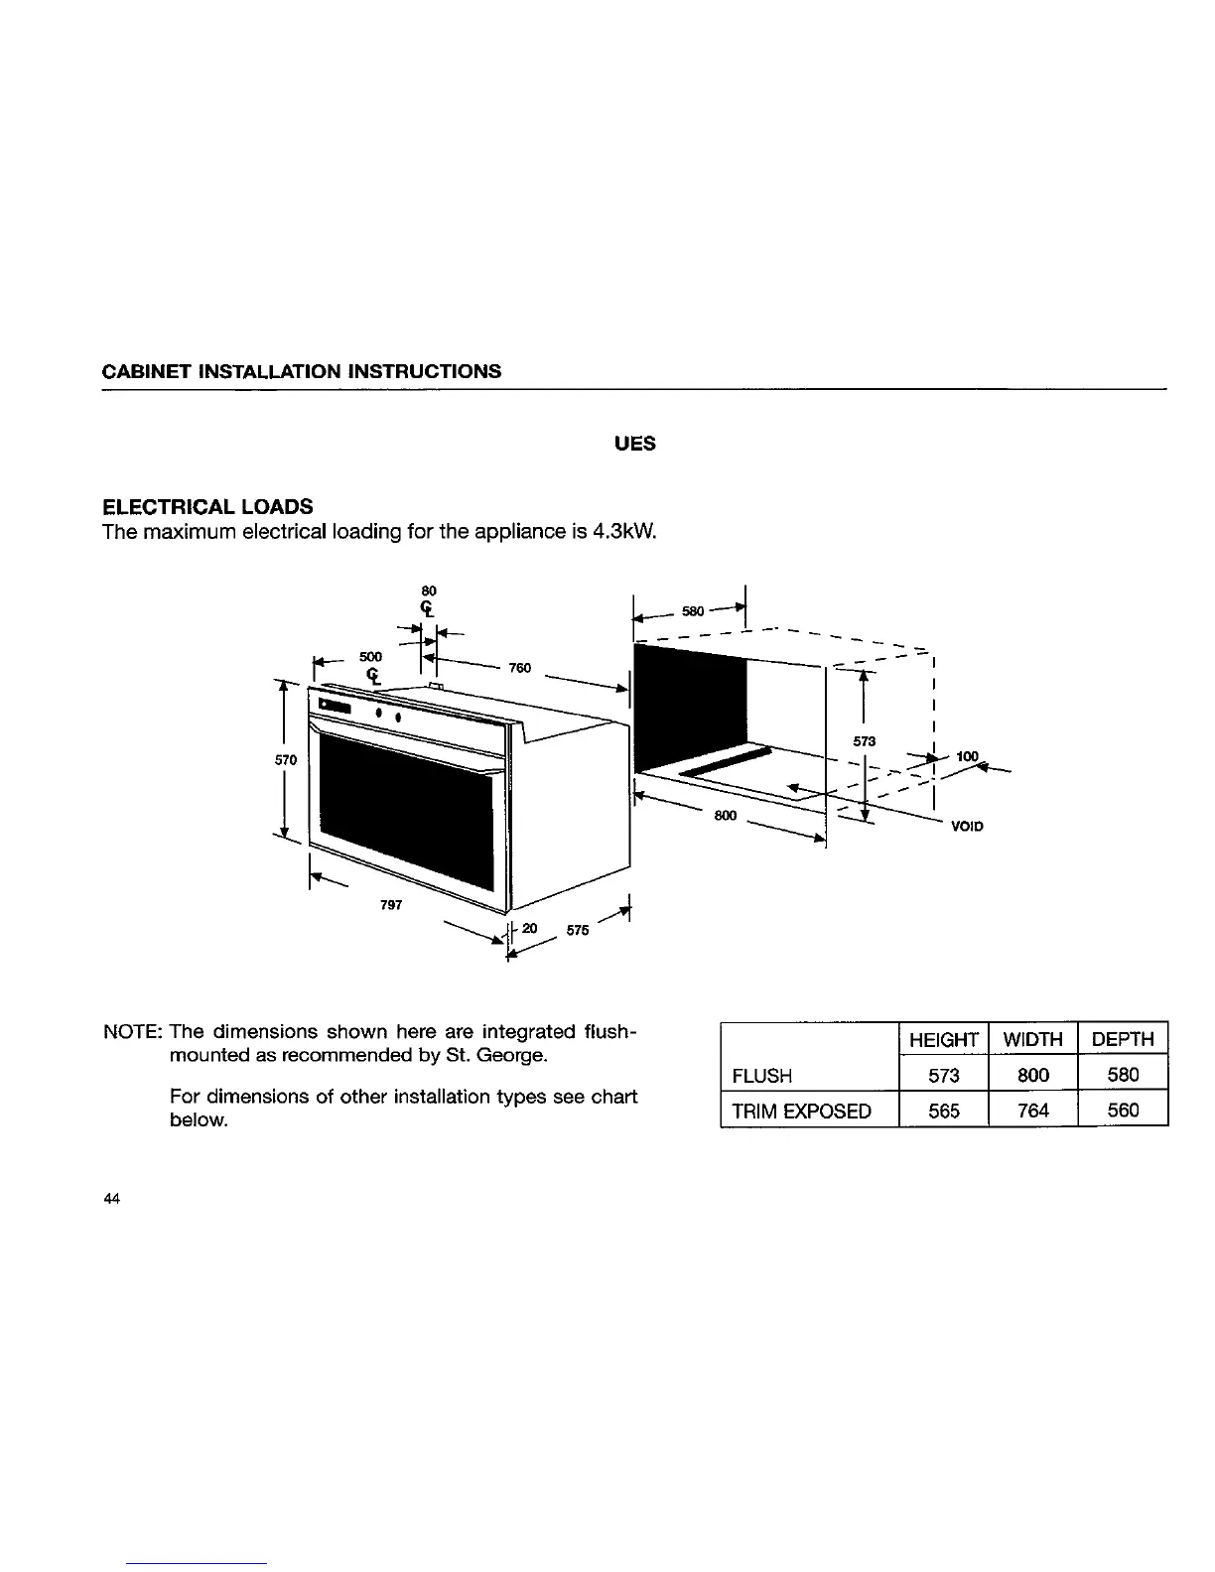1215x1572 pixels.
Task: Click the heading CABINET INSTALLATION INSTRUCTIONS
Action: [302, 372]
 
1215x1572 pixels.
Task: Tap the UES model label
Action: [635, 444]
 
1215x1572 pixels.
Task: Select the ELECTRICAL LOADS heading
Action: [208, 508]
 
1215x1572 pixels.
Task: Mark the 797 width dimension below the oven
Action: [391, 905]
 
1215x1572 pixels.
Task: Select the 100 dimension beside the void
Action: [967, 757]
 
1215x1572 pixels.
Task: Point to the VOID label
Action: [966, 826]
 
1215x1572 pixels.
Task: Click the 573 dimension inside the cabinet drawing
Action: [863, 741]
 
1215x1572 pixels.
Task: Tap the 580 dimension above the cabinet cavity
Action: [693, 611]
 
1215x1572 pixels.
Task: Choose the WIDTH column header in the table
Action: [1032, 1039]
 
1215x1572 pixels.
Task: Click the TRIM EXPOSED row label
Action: [801, 1111]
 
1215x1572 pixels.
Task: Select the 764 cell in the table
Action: [1032, 1111]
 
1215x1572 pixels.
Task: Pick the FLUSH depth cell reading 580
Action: [1123, 1075]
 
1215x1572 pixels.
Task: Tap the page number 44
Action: [111, 1200]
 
